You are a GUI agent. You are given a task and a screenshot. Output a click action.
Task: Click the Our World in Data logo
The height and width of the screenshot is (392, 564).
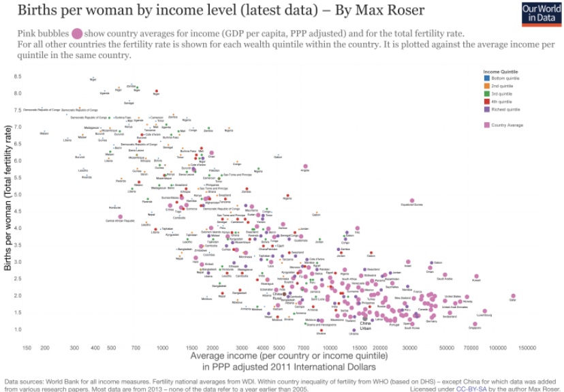coord(541,14)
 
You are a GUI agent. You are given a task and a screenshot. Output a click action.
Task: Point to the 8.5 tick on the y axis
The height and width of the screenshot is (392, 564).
coord(18,76)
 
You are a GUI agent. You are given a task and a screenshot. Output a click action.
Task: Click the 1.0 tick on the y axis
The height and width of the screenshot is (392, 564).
coord(18,329)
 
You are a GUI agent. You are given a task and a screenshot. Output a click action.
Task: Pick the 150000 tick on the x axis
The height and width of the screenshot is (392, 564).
coord(527,348)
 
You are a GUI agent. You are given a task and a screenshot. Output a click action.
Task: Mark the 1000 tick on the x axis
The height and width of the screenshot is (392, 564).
coord(162,348)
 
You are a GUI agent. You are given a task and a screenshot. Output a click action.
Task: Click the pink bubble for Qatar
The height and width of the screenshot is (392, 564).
coord(513,297)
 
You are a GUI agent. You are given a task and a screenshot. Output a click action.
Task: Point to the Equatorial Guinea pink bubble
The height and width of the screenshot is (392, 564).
coord(412,201)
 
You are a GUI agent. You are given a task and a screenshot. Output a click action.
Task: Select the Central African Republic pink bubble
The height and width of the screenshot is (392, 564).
coord(120,217)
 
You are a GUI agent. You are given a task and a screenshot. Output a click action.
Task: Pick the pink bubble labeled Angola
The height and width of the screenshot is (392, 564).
coord(305,166)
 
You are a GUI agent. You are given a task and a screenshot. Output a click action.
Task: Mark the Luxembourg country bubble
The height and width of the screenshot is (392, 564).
coord(484,311)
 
